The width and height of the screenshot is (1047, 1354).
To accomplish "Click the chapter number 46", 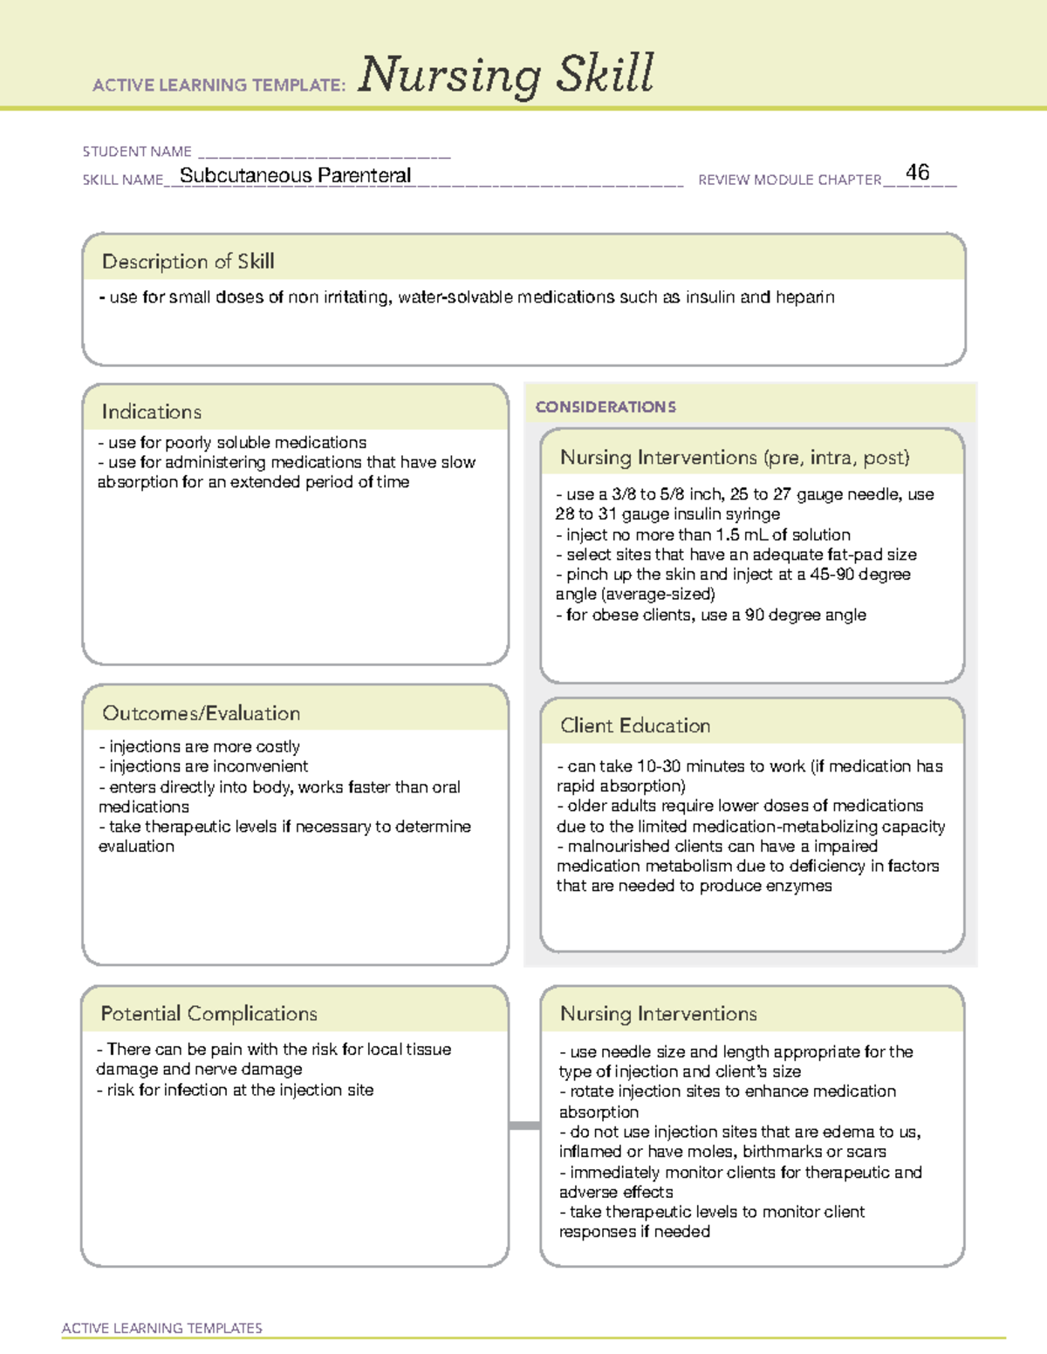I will click(917, 173).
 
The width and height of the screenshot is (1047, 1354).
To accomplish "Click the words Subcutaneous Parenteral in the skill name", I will click(295, 176).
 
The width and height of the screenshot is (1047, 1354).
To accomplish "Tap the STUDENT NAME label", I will click(137, 152).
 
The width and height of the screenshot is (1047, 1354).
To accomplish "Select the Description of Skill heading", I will click(188, 262).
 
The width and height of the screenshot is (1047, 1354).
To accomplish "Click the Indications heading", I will click(151, 412).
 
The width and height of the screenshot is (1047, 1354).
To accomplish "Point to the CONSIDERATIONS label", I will click(606, 407).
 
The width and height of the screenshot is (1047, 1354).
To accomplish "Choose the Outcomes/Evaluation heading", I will click(201, 713).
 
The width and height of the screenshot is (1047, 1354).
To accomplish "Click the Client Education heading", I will click(634, 725).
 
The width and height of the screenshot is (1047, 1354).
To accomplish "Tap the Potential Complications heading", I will click(209, 1013).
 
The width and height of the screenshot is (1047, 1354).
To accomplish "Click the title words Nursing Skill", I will click(505, 74).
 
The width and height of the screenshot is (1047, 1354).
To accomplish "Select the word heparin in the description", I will click(804, 297).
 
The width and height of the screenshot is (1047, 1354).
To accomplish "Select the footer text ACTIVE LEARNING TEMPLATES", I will click(161, 1328).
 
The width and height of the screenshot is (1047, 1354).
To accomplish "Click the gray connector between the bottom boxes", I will click(523, 1126).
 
